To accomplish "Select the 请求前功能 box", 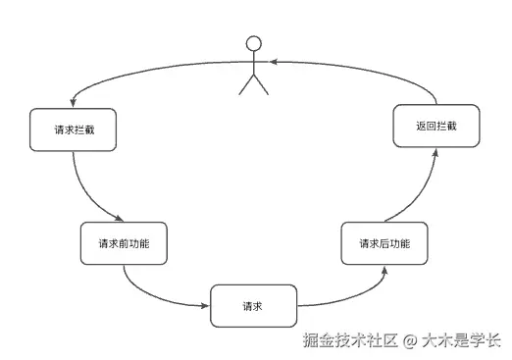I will tap(124, 243).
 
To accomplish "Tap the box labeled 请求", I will tap(253, 305).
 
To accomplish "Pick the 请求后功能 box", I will tap(384, 243).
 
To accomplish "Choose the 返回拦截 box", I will tap(435, 128).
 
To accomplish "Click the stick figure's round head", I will tap(254, 43).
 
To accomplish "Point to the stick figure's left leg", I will tap(246, 85).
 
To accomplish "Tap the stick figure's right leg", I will tap(262, 85).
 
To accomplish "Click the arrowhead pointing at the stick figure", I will tap(276, 62).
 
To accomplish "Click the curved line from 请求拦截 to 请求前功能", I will tap(82, 192).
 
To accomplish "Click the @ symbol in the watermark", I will tap(409, 341).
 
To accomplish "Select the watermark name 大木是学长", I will tap(461, 341).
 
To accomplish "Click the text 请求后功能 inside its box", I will tap(384, 243).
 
